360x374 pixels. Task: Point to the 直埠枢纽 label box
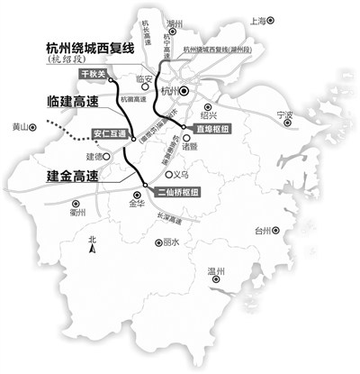coord(207,131)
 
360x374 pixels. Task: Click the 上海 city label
coord(259,18)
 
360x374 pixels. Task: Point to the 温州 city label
coord(217,271)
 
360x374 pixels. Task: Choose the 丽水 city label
coord(171,242)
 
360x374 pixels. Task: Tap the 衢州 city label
coord(76,214)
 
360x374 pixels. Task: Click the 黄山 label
coord(16,128)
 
